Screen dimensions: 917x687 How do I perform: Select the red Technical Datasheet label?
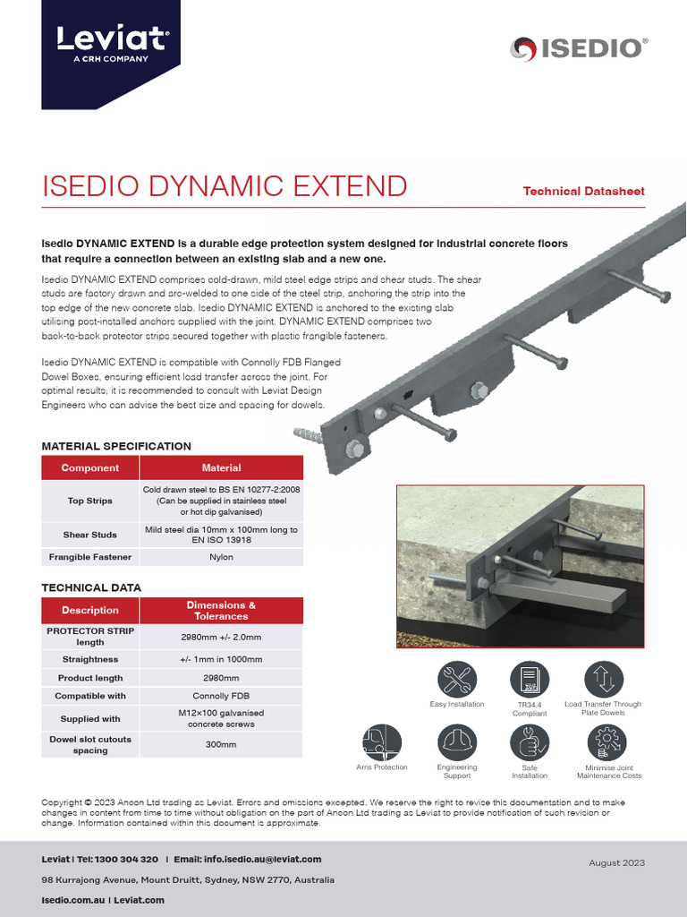583,191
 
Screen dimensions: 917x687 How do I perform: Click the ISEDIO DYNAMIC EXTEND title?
225,186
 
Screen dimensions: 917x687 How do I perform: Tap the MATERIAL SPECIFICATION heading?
116,445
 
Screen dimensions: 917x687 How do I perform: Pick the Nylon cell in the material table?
221,557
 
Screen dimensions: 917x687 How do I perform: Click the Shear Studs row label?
89,535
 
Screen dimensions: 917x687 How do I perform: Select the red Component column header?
89,467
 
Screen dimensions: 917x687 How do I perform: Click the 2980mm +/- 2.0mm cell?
221,637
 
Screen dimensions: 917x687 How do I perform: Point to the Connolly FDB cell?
221,696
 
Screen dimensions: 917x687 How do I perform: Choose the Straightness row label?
89,659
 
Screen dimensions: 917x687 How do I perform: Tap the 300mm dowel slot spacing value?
221,744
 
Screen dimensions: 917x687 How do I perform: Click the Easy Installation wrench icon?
457,681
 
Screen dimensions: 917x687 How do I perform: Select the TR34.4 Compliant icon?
529,681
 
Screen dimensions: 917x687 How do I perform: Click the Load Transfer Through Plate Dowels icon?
603,680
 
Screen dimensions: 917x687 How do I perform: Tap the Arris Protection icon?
382,743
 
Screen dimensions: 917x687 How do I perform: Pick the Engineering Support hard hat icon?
457,743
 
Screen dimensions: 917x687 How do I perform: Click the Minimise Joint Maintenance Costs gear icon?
606,742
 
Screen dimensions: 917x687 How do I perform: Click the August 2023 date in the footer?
616,862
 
